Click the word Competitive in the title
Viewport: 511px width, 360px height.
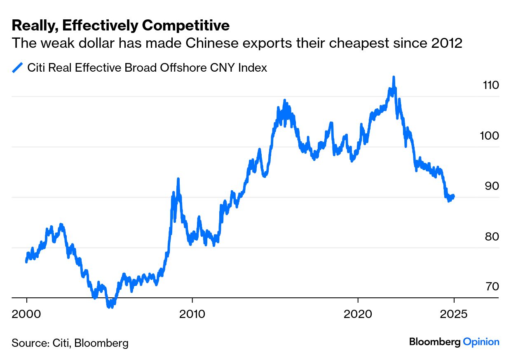(x=185, y=26)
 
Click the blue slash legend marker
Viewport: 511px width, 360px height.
(x=17, y=68)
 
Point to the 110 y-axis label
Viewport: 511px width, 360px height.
(x=490, y=85)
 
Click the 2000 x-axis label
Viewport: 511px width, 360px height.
(x=27, y=314)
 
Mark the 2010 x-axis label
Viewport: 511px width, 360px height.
(x=192, y=314)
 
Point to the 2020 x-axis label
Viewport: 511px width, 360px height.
(x=358, y=314)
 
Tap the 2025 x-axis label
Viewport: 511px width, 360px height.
(x=454, y=314)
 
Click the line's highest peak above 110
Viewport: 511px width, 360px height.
(x=394, y=77)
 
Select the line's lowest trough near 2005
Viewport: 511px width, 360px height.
(x=109, y=306)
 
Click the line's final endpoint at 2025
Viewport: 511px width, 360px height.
(x=454, y=196)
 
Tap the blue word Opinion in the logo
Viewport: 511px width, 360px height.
(x=481, y=341)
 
